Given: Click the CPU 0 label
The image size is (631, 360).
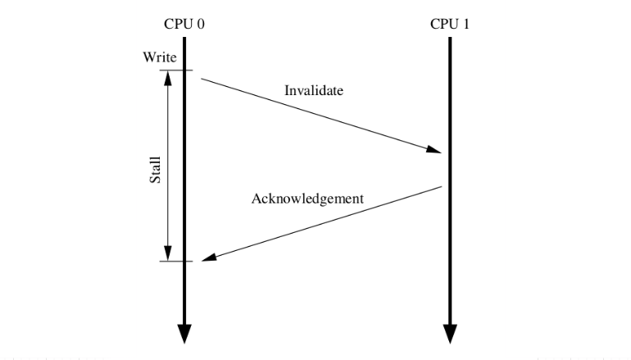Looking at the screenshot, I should click(x=184, y=23).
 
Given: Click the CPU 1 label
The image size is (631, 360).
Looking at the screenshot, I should click(x=450, y=23).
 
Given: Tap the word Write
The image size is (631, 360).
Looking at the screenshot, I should click(x=159, y=57).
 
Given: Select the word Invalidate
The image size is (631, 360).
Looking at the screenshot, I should click(x=313, y=90).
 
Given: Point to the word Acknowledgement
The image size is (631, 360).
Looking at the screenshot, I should click(x=307, y=198).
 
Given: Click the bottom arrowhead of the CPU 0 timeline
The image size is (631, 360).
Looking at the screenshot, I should click(x=184, y=333).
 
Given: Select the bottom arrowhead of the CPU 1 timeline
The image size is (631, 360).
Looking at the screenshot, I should click(x=450, y=333).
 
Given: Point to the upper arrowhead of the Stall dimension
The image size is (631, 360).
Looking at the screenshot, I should click(x=168, y=76).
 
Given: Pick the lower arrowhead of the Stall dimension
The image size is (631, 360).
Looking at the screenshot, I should click(x=168, y=253).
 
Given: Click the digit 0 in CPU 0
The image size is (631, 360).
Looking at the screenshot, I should click(x=200, y=23).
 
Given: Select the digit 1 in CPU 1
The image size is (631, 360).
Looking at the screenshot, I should click(x=465, y=23).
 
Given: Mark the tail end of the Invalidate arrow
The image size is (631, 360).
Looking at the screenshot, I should click(x=201, y=80).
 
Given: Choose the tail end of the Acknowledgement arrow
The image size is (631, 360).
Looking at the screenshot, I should click(x=442, y=187).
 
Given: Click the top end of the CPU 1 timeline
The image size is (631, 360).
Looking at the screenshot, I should click(x=450, y=39).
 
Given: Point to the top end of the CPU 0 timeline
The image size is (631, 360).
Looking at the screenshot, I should click(x=184, y=39).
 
